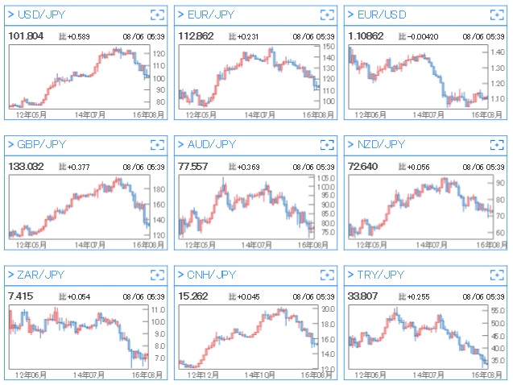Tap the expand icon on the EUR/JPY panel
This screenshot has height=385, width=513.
click(326, 14)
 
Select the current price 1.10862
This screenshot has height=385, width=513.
click(366, 36)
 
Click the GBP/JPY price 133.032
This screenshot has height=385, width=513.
click(27, 166)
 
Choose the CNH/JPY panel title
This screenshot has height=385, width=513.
click(212, 275)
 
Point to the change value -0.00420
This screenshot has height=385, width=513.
click(424, 37)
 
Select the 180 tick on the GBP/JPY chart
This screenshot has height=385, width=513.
click(159, 189)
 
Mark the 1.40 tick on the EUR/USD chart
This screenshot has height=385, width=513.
click(499, 52)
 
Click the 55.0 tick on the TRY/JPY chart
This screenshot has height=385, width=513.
click(499, 310)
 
